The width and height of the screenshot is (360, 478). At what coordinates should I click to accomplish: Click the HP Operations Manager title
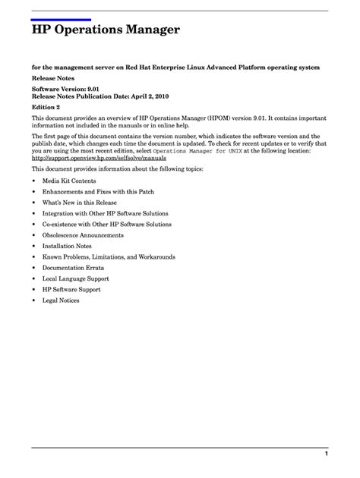[x=106, y=31]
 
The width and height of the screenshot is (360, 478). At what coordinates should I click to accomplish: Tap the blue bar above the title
[x=61, y=19]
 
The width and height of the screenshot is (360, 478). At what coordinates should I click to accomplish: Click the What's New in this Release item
[x=81, y=204]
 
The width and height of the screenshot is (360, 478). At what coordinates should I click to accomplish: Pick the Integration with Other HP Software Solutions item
[x=106, y=215]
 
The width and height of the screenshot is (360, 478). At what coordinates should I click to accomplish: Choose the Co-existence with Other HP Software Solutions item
[x=107, y=225]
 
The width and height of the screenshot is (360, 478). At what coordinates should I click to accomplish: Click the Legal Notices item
[x=61, y=300]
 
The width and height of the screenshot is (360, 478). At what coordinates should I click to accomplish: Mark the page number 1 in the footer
[x=326, y=454]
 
